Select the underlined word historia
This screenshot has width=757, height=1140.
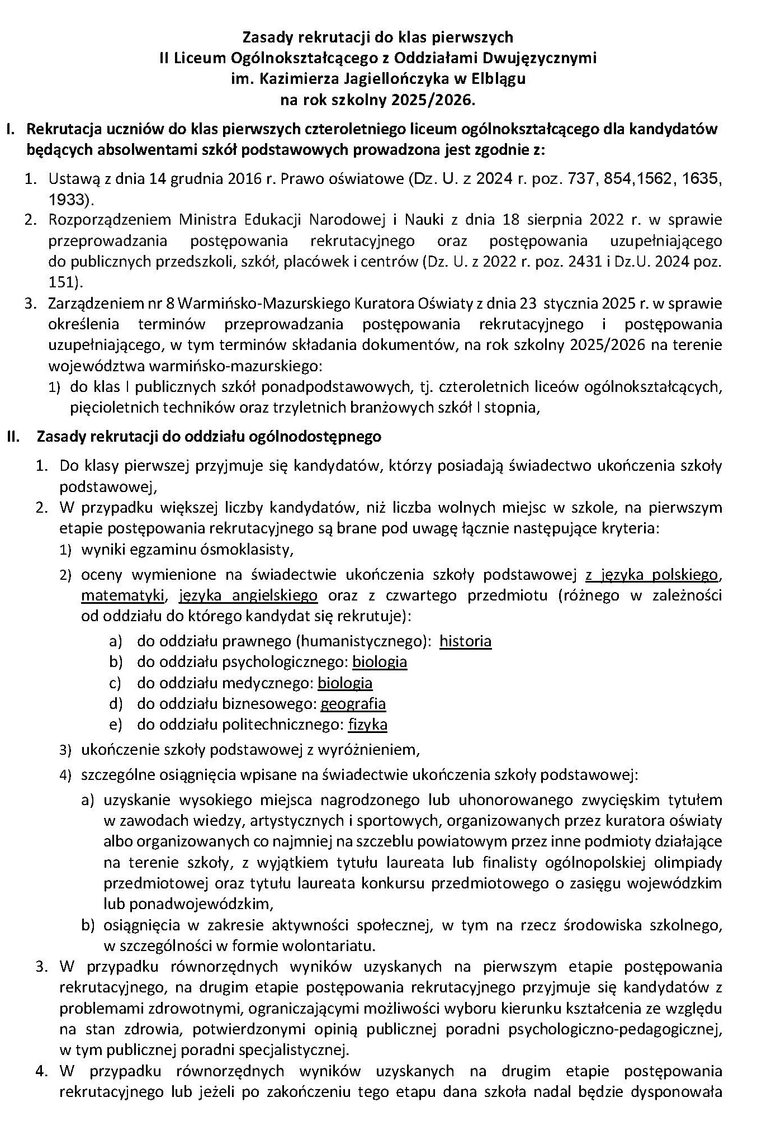coord(465,641)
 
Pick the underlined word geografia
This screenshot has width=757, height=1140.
coord(353,703)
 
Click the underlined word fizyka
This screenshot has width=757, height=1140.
coord(367,725)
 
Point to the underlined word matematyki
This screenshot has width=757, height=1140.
coord(122,595)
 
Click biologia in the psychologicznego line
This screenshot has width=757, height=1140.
coord(379,662)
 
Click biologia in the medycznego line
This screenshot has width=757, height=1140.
coord(344,683)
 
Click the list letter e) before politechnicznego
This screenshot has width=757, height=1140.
coord(115,725)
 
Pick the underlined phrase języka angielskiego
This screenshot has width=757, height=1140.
coord(248,595)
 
